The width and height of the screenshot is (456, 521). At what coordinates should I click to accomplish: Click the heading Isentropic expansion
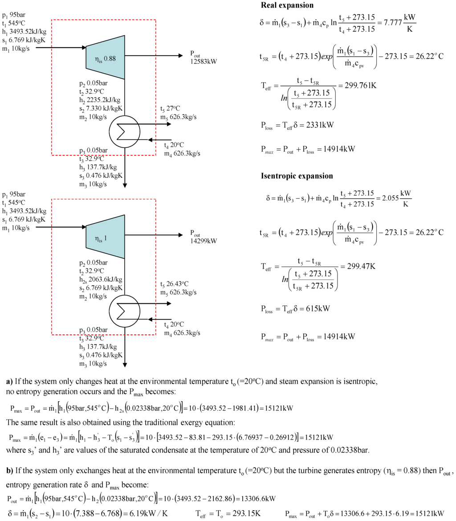tap(297, 175)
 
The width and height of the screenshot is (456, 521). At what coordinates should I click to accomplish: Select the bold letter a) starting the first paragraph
tap(9, 382)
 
